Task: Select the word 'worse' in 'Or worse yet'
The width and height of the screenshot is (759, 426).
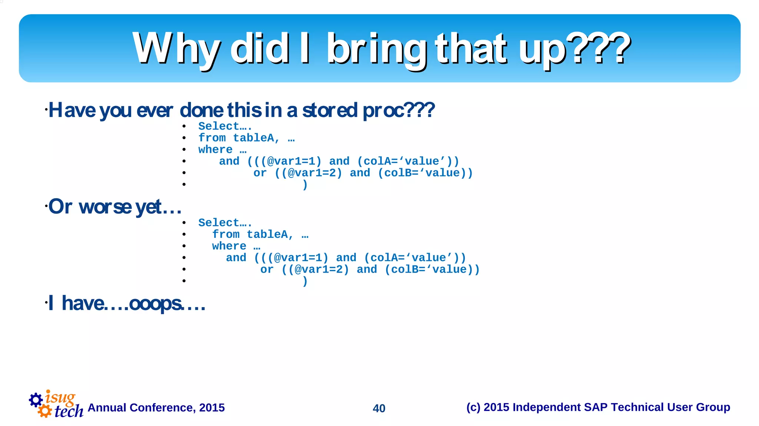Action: [x=105, y=207]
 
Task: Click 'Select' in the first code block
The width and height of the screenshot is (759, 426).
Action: [x=218, y=126]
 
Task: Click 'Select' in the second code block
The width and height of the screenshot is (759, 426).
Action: [x=218, y=223]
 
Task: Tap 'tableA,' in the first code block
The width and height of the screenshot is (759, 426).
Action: [x=256, y=138]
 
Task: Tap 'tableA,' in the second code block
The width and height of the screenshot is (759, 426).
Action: [x=270, y=234]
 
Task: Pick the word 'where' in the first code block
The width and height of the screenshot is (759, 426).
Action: [x=215, y=150]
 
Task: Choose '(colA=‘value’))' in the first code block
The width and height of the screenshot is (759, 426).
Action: [x=408, y=162]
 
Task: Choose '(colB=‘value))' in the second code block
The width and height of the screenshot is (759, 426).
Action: [x=432, y=270]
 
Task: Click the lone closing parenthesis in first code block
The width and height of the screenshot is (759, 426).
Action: [x=305, y=184]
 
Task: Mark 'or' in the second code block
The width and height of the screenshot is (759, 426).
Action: [x=266, y=270]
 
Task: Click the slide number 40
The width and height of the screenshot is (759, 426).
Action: [x=379, y=408]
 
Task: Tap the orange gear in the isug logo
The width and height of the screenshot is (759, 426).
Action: [x=45, y=411]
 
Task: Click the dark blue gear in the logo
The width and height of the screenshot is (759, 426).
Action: [x=36, y=400]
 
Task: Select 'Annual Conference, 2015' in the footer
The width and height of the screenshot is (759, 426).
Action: [x=156, y=407]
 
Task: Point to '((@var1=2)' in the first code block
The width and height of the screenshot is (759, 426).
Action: [x=308, y=173]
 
